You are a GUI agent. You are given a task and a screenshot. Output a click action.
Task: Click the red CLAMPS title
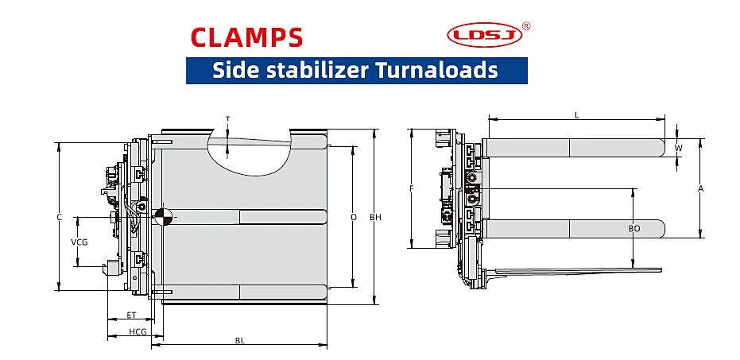click(246, 37)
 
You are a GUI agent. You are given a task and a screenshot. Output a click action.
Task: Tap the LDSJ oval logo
click(485, 35)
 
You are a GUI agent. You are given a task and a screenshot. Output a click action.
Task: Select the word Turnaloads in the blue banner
click(436, 70)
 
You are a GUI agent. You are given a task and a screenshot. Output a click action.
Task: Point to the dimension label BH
click(375, 217)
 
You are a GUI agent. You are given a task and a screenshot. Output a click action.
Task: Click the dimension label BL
click(240, 340)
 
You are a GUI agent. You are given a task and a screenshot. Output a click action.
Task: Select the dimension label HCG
click(138, 331)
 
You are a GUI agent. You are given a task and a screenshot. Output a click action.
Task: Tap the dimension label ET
click(131, 315)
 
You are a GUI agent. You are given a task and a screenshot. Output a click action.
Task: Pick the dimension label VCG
click(79, 242)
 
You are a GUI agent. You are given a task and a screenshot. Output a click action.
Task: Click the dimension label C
click(59, 217)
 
